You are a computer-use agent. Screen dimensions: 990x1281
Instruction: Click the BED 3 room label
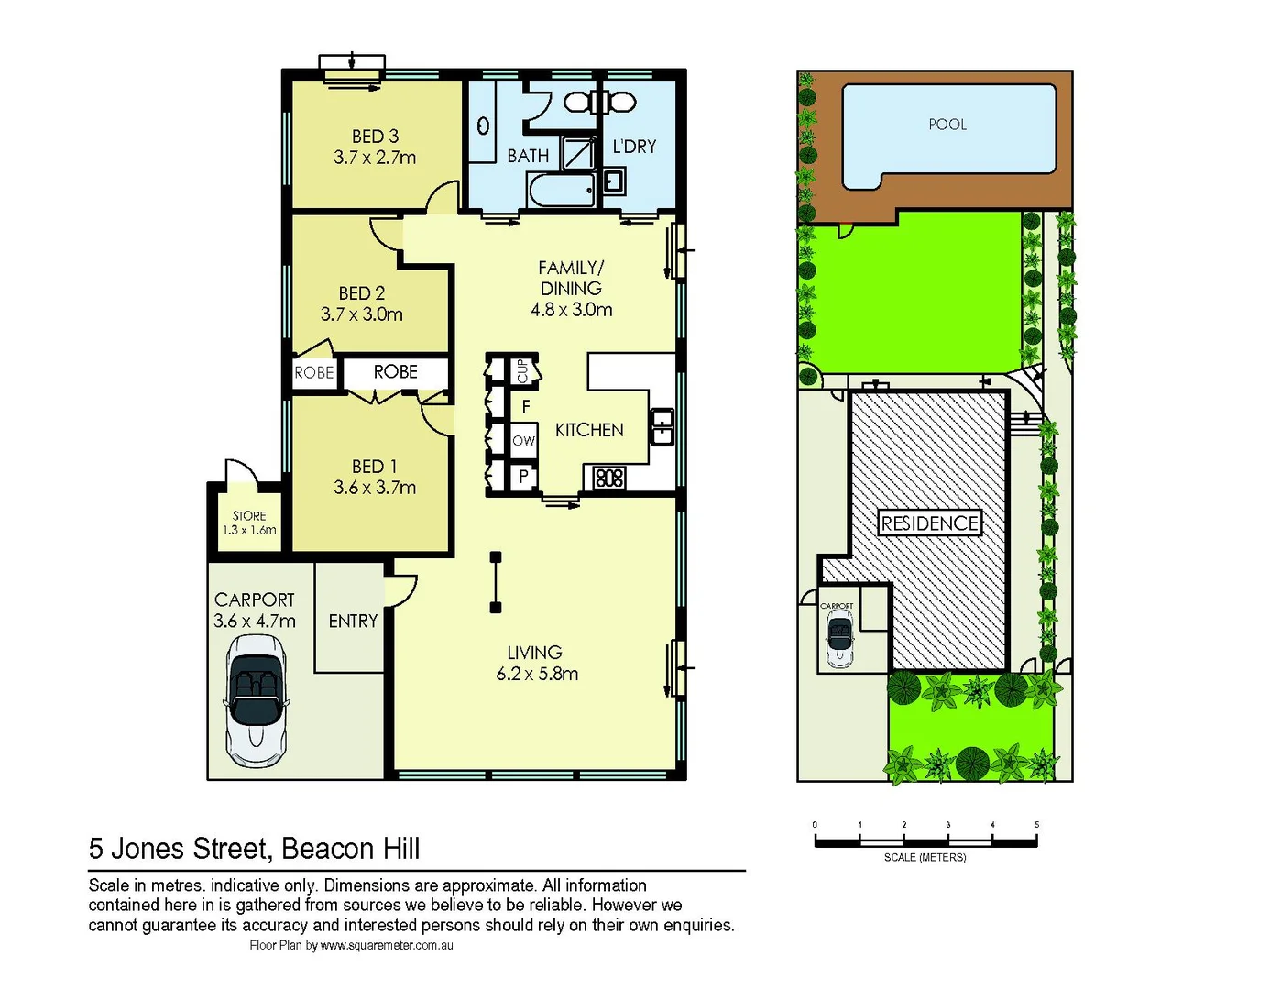(x=375, y=137)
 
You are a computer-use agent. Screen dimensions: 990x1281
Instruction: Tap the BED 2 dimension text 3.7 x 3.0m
(x=361, y=314)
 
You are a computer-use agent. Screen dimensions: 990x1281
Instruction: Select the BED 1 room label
(x=374, y=467)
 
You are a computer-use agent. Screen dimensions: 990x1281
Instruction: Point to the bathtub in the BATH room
(x=561, y=191)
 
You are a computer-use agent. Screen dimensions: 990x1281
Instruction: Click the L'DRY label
(x=634, y=147)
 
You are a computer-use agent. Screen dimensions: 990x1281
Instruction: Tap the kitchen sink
(x=662, y=426)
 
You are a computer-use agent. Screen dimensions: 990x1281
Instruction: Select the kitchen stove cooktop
(x=609, y=478)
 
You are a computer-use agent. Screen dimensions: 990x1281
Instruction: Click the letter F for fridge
(x=525, y=406)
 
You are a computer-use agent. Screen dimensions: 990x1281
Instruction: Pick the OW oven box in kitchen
(x=523, y=441)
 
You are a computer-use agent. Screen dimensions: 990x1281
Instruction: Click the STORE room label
(x=248, y=516)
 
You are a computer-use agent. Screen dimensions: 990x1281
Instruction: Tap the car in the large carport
(x=256, y=701)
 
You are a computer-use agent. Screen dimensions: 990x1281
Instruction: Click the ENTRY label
(x=353, y=621)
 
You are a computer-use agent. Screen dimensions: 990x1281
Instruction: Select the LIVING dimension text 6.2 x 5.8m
(x=537, y=674)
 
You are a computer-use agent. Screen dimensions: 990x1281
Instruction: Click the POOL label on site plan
(x=947, y=125)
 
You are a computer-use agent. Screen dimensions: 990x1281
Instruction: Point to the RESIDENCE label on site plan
(x=929, y=523)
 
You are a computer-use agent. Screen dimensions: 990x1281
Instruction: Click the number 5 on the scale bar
(x=1036, y=825)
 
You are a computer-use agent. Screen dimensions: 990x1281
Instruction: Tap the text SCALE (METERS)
(x=925, y=858)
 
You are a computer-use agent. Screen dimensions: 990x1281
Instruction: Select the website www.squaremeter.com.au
(x=387, y=946)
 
